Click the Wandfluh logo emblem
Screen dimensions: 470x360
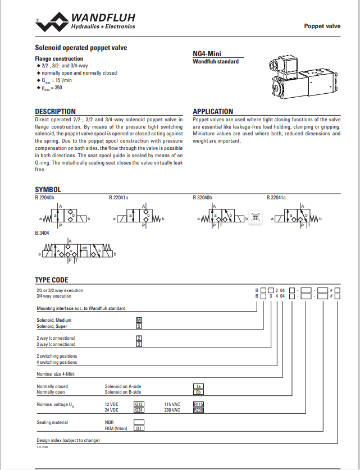pos(53,23)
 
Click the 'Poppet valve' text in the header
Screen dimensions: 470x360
pos(322,26)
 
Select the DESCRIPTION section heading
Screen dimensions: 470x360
pos(55,111)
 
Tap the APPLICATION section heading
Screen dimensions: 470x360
pos(213,111)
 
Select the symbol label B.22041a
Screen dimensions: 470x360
pos(119,198)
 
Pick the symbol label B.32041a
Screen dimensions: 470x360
pos(276,198)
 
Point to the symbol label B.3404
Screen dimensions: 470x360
pos(43,232)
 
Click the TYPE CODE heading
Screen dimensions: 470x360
pos(52,280)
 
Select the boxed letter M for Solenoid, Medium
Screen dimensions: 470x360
pos(139,320)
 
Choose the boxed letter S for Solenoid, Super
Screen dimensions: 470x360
pos(139,326)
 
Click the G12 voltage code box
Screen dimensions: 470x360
pos(139,404)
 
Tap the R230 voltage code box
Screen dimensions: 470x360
pos(198,410)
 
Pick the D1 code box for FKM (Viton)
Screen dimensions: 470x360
pos(139,428)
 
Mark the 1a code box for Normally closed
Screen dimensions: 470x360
pos(198,386)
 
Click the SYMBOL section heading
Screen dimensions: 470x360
pos(48,190)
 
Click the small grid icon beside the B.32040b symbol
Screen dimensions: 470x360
pos(255,217)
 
